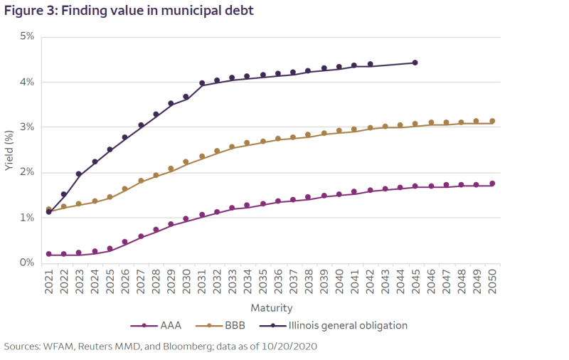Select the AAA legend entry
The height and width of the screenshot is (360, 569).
coord(160,325)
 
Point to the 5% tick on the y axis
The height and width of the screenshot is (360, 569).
coord(26,36)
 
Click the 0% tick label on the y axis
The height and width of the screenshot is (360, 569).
coord(26,263)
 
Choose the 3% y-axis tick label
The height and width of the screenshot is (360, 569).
coord(26,127)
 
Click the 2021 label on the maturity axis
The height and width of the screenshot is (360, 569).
coord(48,282)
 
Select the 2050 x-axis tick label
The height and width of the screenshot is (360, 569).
coord(491,282)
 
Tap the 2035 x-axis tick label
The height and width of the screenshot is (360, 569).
coord(262,282)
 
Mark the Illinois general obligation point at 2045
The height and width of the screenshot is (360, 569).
coord(415,63)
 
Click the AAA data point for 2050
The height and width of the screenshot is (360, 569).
coord(491,184)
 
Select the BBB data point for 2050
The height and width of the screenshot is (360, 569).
coord(491,121)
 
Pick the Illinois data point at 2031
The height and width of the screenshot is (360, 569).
coord(201,83)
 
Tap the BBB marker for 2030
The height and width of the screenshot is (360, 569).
coord(186,162)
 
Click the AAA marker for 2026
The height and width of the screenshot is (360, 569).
coord(125,242)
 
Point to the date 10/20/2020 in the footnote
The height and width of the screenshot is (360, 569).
coord(287,346)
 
